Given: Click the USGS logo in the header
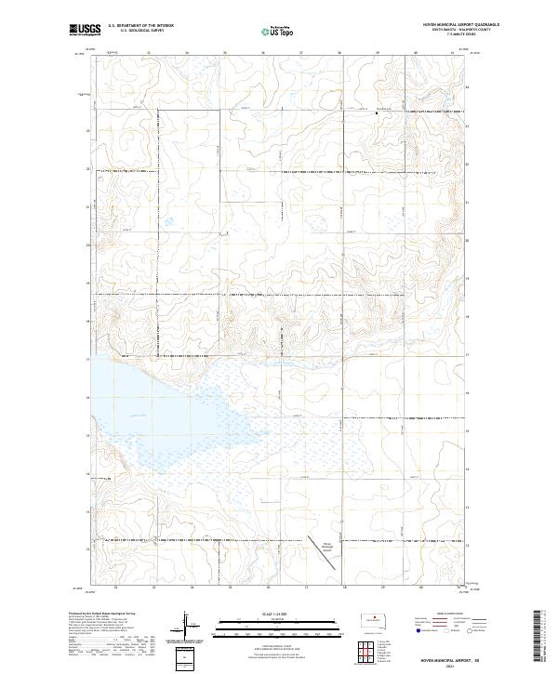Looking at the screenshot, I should tap(85, 30).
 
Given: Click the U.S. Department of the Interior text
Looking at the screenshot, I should tap(140, 27).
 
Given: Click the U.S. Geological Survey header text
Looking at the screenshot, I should tap(136, 33).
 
